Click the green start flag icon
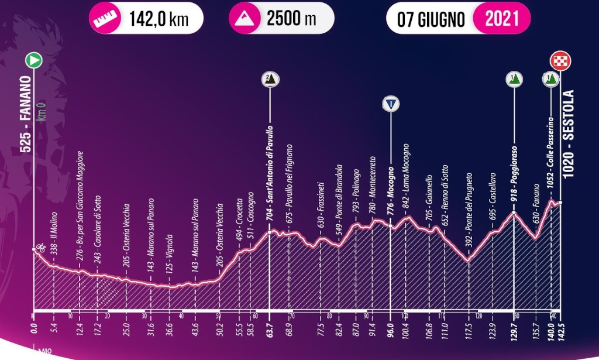click(33, 60)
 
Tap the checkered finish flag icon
click(560, 60)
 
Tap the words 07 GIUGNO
click(431, 19)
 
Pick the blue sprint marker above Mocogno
click(390, 104)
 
